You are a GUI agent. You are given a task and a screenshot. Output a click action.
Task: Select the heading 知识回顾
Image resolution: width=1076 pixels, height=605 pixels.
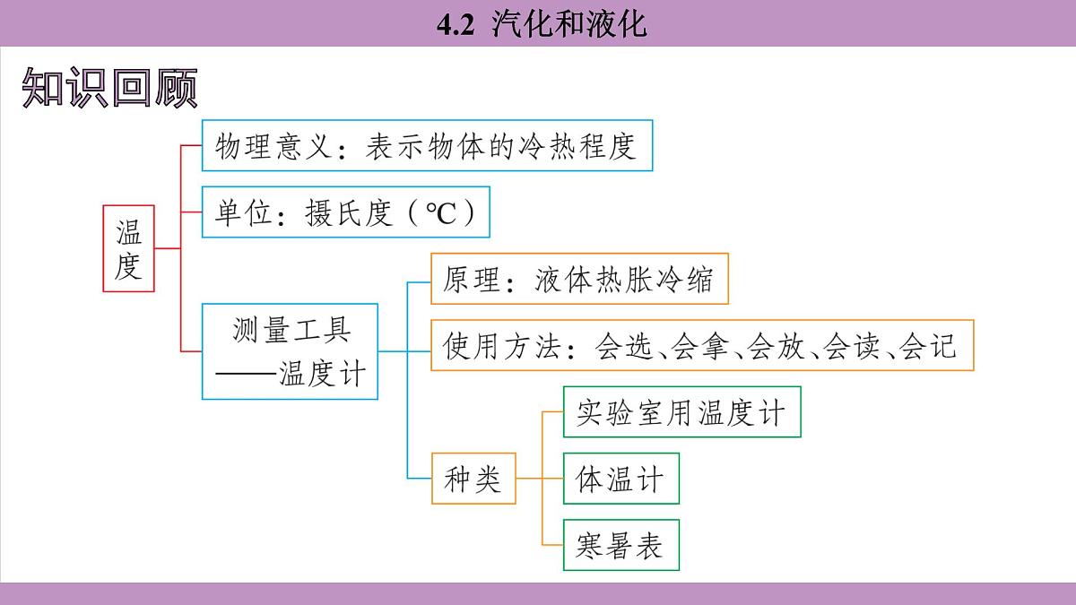109,88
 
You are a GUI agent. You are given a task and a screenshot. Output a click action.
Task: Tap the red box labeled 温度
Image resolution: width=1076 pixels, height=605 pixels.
128,248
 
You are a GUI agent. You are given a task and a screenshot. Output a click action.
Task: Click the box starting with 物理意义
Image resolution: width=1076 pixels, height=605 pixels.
427,145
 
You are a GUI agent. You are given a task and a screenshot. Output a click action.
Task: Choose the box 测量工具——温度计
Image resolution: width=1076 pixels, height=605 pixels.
291,351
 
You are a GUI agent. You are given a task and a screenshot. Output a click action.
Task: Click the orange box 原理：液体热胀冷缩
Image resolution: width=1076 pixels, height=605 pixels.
579,280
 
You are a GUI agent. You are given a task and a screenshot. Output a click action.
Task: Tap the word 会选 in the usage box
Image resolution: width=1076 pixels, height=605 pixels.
623,346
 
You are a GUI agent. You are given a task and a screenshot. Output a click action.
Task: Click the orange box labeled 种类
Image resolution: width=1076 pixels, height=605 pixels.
473,480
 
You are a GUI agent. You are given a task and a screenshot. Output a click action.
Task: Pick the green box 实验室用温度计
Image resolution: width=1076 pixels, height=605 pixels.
681,412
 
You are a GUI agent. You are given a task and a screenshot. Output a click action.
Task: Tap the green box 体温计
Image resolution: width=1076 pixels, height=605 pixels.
620,480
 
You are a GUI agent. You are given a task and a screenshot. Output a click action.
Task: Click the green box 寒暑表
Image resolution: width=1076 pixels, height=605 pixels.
620,546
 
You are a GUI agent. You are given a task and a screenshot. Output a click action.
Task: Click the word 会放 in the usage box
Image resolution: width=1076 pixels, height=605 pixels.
777,346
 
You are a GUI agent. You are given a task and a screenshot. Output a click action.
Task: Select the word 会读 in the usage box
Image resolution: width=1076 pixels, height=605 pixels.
853,346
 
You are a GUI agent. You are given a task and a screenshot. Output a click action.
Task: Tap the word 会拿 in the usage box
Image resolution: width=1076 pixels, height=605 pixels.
700,346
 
